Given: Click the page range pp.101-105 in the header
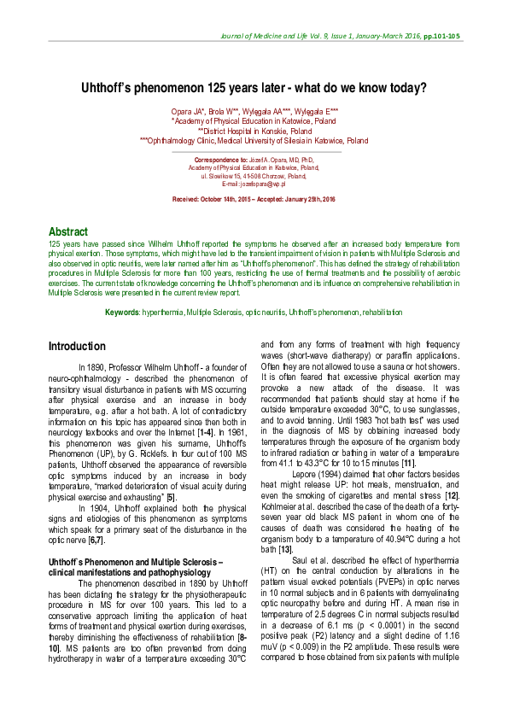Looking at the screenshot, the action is (441, 37).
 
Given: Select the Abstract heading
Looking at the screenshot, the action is (68, 231).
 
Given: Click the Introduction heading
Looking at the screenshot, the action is (77, 347).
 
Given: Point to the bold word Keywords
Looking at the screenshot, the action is (122, 313).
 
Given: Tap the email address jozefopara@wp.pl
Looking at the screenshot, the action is (253, 184).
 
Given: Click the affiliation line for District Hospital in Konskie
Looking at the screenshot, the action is (254, 132).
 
